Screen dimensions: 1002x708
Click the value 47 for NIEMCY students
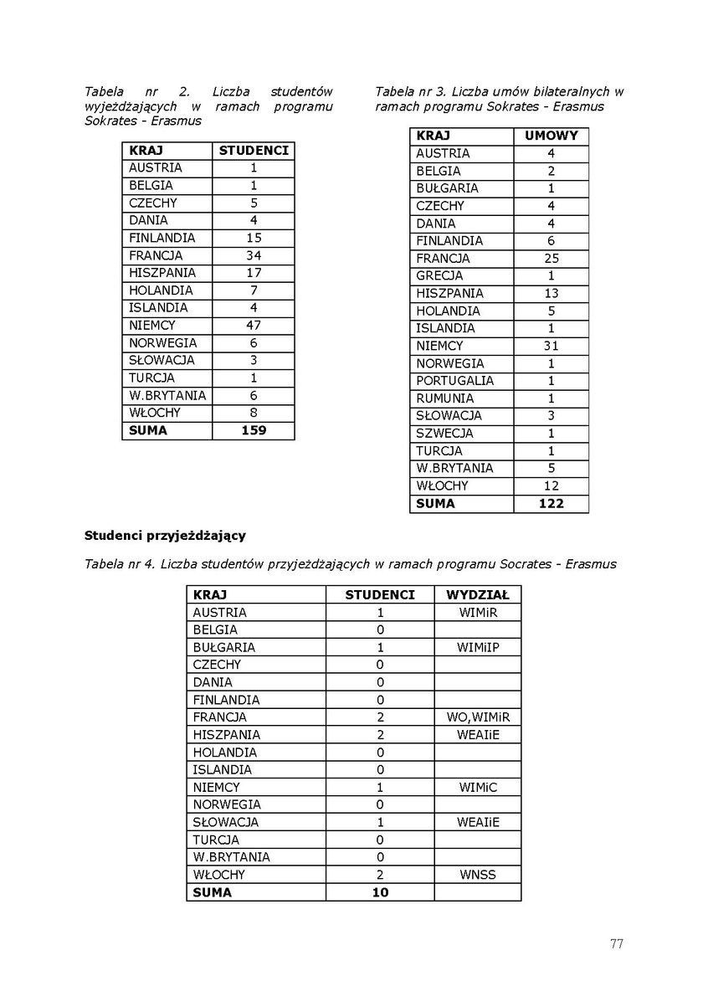[254, 326]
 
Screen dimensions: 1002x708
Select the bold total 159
[254, 430]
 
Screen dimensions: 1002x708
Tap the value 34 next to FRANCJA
[254, 255]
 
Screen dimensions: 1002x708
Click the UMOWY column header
[551, 136]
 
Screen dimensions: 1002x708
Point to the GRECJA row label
[439, 275]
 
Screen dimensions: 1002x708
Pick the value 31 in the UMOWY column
[551, 346]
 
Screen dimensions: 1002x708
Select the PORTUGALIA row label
[454, 381]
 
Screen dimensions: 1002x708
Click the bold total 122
[551, 503]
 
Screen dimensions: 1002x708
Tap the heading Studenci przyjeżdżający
[165, 534]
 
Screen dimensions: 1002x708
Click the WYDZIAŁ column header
[477, 594]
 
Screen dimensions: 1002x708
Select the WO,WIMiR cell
[477, 717]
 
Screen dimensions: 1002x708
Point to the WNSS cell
[477, 875]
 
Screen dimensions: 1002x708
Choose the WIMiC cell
[477, 788]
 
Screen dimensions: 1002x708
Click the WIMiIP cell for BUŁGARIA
[477, 647]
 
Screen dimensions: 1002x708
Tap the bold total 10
[380, 892]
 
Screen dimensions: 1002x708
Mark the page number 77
[616, 944]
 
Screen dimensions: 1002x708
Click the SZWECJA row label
[444, 434]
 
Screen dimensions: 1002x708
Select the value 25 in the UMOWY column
[551, 259]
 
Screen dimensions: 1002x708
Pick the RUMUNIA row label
[444, 398]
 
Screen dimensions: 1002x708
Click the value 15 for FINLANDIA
[254, 238]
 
